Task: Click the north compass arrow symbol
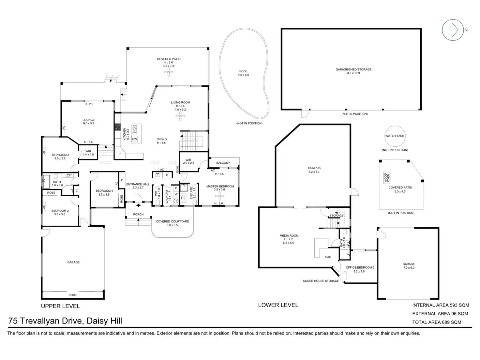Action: point(453,30)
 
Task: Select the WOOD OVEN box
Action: point(387,178)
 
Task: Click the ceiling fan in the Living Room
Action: point(180,116)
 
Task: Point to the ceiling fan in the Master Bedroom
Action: point(219,196)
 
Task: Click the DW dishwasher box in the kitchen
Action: point(134,139)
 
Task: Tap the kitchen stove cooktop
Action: point(117,127)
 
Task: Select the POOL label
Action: point(243,71)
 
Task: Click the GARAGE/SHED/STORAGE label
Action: point(353,69)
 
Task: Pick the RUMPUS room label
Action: point(314,168)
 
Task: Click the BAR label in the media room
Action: point(328,257)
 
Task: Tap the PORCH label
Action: point(138,215)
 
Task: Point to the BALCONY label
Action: point(223,163)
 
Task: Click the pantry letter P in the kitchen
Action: point(119,154)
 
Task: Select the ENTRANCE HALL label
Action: point(138,184)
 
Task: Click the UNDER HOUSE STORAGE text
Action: point(321,281)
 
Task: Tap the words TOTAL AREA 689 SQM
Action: point(437,322)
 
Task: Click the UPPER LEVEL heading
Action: point(60,306)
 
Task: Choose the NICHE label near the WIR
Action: point(178,169)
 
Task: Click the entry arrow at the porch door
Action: point(138,205)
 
